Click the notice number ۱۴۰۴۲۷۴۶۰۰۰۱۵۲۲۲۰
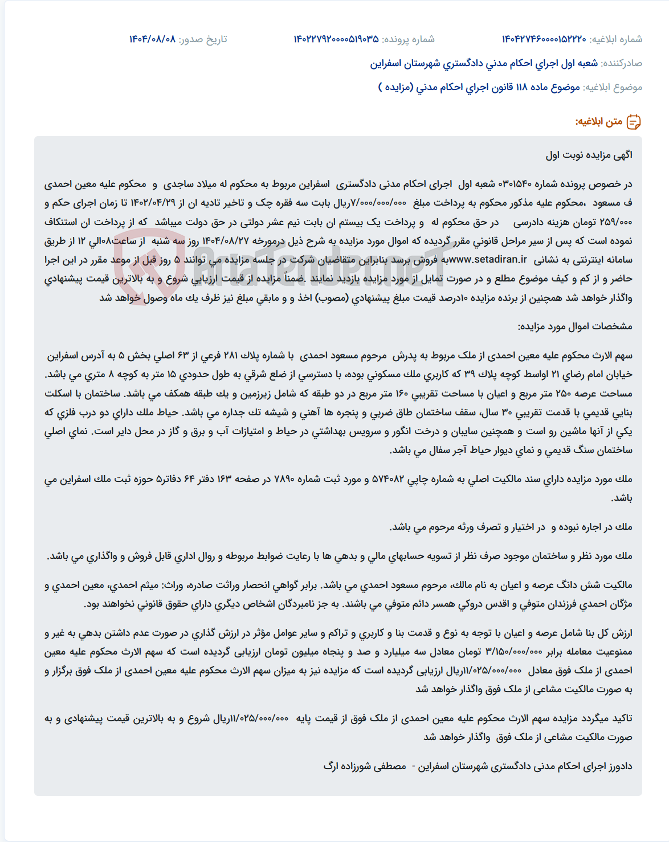coord(544,39)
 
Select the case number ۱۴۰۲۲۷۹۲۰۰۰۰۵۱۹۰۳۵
coord(336,39)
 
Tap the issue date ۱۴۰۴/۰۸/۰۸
coord(152,39)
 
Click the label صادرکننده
coord(622,63)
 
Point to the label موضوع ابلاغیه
coord(613,87)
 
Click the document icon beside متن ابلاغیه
coord(634,122)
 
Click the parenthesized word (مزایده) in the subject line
coord(395,87)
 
